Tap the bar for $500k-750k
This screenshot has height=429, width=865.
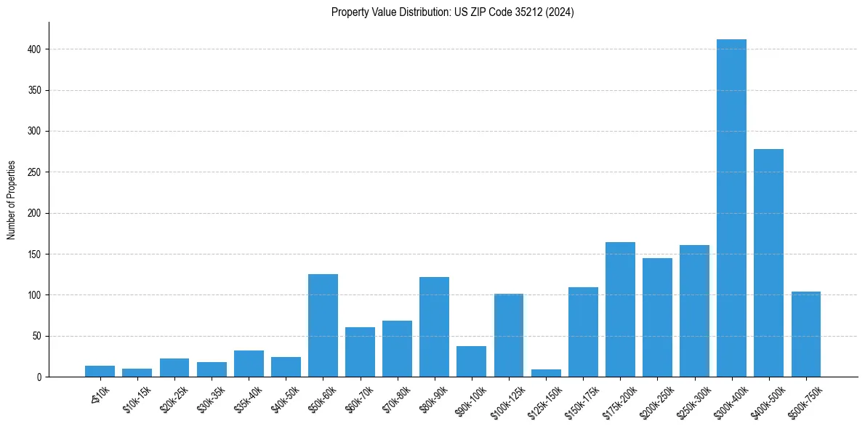click(805, 334)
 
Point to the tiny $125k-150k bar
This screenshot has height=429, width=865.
click(546, 373)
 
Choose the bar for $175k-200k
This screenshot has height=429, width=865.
click(620, 310)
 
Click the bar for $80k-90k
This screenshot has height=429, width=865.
click(434, 327)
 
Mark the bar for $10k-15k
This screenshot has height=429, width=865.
click(137, 372)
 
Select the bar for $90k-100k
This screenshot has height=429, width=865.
click(471, 361)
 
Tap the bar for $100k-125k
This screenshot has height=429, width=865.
click(509, 335)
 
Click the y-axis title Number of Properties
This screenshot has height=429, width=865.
click(12, 200)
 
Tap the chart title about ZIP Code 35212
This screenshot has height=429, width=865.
click(452, 12)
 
